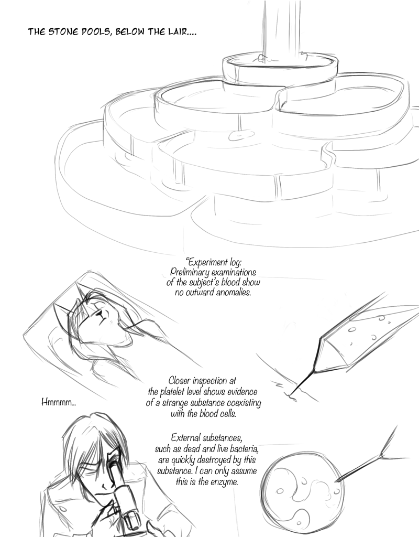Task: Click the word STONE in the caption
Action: point(61,32)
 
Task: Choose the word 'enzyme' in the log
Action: point(225,481)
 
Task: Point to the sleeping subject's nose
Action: point(100,313)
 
